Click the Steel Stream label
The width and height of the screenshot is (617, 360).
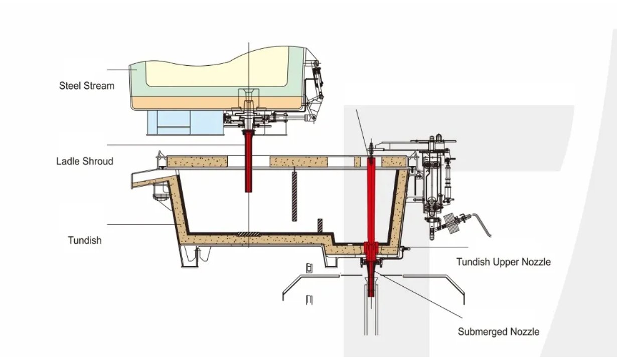pyautogui.click(x=86, y=86)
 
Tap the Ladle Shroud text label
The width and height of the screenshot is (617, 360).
pyautogui.click(x=84, y=161)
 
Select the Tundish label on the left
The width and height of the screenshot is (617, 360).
pyautogui.click(x=84, y=240)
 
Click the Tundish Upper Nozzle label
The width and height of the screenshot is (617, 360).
pyautogui.click(x=503, y=262)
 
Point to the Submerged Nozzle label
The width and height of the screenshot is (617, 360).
pyautogui.click(x=498, y=331)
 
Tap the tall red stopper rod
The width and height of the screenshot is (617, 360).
pyautogui.click(x=371, y=201)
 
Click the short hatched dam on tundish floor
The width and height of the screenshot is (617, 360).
pyautogui.click(x=320, y=226)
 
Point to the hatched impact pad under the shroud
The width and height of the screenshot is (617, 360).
pyautogui.click(x=249, y=234)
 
